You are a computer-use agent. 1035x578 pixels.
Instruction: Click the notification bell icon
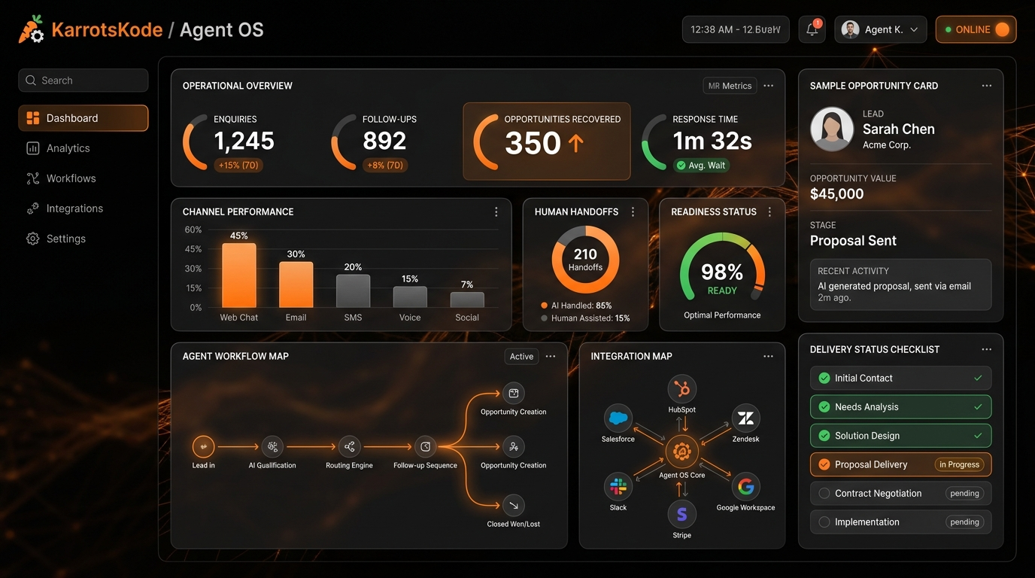click(812, 29)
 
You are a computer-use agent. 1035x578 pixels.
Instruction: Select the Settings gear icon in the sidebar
click(33, 239)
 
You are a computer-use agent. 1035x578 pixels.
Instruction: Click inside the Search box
click(83, 81)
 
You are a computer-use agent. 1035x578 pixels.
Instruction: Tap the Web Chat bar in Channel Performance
click(239, 275)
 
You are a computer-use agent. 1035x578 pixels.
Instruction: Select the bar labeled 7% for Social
click(467, 300)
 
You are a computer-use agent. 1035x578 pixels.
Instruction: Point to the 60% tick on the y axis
click(193, 230)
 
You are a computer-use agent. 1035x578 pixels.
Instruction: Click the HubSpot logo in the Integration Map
click(681, 389)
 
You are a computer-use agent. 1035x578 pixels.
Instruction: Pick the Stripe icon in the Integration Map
click(681, 514)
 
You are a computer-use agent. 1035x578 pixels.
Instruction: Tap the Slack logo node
click(618, 486)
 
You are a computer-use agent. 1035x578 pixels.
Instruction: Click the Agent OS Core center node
click(681, 452)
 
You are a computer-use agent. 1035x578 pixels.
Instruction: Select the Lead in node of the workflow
click(203, 447)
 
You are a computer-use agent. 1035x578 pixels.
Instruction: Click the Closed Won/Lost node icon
click(513, 506)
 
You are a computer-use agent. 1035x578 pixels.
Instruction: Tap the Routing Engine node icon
click(349, 447)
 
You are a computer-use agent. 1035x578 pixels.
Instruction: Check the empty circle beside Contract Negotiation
click(824, 494)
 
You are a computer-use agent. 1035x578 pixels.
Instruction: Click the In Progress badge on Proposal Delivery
click(959, 464)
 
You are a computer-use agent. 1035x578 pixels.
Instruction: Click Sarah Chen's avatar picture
click(832, 129)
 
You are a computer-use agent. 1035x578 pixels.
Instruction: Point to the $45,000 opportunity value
click(836, 193)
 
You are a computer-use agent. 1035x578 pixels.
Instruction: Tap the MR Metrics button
click(730, 86)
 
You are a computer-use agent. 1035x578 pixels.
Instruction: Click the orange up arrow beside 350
click(575, 143)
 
